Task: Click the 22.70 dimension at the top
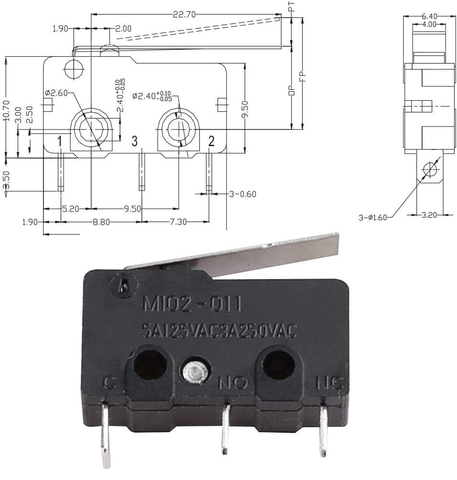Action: click(184, 15)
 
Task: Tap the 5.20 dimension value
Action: click(70, 208)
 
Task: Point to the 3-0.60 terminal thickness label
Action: click(242, 193)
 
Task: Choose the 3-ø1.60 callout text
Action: click(372, 217)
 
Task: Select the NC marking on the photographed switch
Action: click(330, 382)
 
